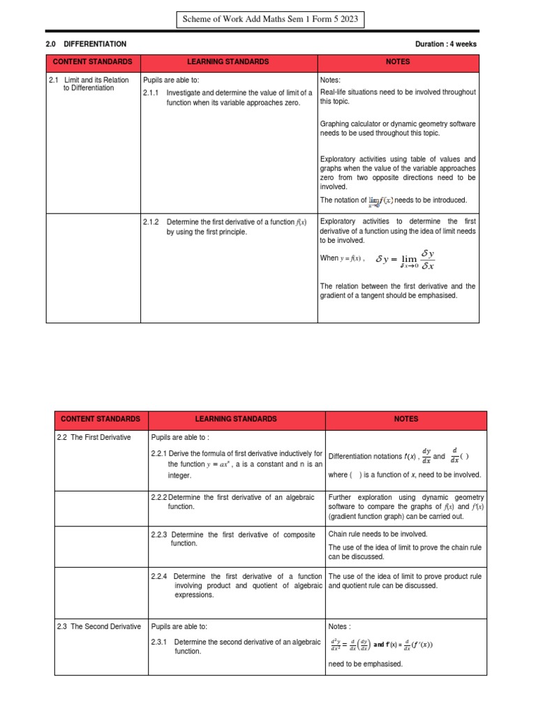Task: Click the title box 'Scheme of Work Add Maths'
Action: pyautogui.click(x=269, y=20)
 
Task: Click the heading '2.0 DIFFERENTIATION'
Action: pyautogui.click(x=87, y=44)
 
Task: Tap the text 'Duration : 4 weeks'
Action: pyautogui.click(x=446, y=44)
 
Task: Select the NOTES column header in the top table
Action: pyautogui.click(x=398, y=62)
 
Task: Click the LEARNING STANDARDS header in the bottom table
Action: pyautogui.click(x=237, y=419)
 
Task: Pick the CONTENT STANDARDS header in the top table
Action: pyautogui.click(x=93, y=62)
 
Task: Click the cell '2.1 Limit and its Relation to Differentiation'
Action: pyautogui.click(x=89, y=84)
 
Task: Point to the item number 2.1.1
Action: pyautogui.click(x=151, y=92)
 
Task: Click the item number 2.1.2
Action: pyautogui.click(x=151, y=222)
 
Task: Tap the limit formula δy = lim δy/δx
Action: pyautogui.click(x=406, y=259)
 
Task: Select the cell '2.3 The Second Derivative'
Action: pyautogui.click(x=98, y=626)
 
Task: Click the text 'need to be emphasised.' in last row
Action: pyautogui.click(x=365, y=663)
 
